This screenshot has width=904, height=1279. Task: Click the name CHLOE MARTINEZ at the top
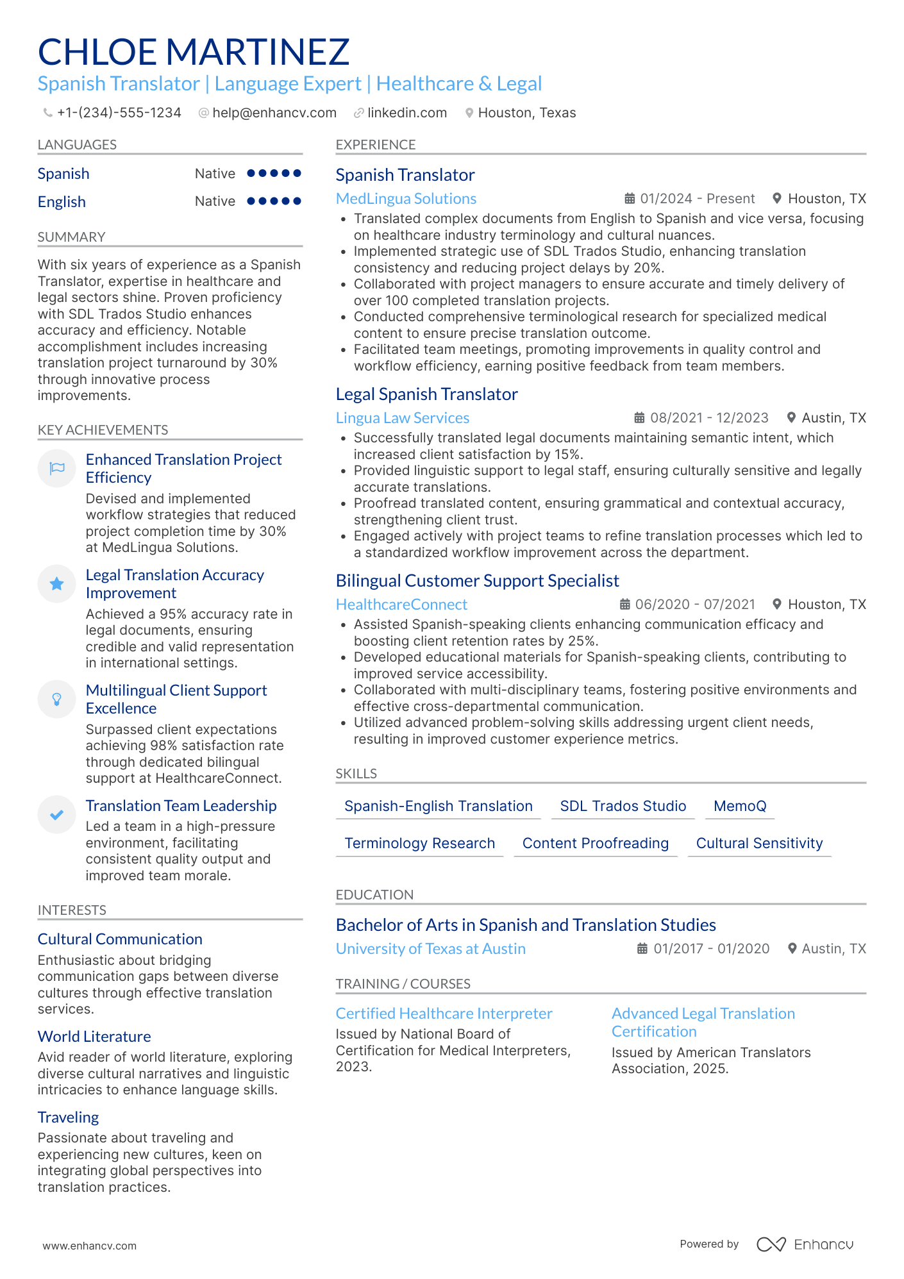coord(194,52)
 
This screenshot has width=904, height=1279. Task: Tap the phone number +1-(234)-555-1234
coord(119,113)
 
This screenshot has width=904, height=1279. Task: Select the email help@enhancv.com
coord(274,113)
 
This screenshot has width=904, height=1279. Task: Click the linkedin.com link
coord(406,113)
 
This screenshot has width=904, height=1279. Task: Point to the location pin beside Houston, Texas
coord(469,113)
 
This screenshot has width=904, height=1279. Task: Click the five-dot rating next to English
coord(274,201)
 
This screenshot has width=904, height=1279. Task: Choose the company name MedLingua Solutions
coord(406,199)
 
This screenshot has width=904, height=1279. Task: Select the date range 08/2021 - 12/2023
coord(708,418)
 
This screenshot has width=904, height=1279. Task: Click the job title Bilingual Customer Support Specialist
coord(477,581)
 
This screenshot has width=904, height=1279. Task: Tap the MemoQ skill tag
coord(739,807)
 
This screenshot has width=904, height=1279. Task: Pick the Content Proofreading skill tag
coord(595,844)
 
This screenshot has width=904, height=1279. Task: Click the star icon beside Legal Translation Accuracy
coord(57,583)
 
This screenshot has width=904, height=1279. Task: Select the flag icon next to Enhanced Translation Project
coord(57,468)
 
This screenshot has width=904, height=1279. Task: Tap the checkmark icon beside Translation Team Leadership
coord(57,815)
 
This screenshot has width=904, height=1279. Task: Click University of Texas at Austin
coord(430,949)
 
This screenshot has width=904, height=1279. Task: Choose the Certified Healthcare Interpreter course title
coord(444,1014)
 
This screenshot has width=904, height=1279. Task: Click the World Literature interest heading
coord(94,1037)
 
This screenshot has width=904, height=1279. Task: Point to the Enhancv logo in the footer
coord(805,1244)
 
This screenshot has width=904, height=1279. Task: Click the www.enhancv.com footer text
coord(89,1246)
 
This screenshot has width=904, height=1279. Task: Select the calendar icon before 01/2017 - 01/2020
coord(642,949)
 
